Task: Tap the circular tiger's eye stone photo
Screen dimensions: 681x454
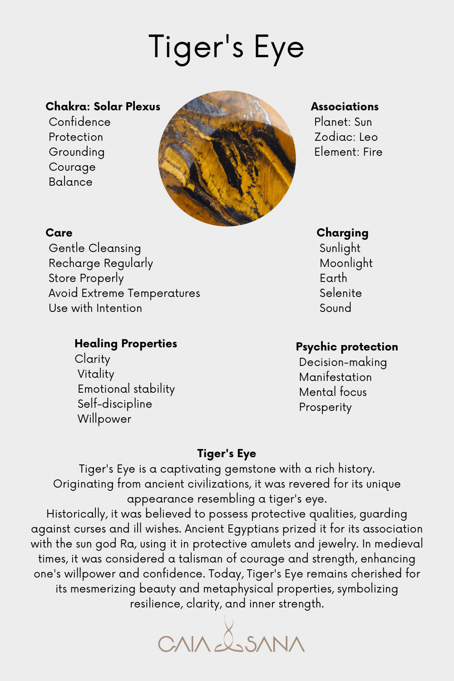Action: [x=227, y=158]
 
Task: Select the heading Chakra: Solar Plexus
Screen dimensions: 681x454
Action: [x=103, y=107]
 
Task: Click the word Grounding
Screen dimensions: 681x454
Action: [x=77, y=152]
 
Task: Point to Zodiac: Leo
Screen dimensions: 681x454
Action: [x=346, y=137]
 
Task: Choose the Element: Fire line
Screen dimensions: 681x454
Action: [x=348, y=152]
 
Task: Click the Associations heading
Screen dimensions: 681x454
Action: [x=345, y=107]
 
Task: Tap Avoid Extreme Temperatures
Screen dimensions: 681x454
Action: [x=124, y=293]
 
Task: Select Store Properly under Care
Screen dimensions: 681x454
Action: [x=86, y=278]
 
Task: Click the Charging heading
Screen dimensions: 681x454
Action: [x=342, y=233]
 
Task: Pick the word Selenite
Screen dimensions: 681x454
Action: [x=340, y=293]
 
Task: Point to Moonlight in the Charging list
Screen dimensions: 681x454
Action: [x=346, y=263]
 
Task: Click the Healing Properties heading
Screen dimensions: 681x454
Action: [x=126, y=344]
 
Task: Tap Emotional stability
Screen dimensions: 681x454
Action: [x=126, y=389]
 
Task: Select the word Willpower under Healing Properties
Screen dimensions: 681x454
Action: [x=104, y=419]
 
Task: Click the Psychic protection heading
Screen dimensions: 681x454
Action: [x=347, y=347]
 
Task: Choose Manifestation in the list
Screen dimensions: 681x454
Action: [x=336, y=377]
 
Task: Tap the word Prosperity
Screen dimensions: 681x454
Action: [x=326, y=407]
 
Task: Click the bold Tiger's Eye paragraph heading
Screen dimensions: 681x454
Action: [x=227, y=454]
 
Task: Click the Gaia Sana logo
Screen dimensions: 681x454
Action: [x=231, y=641]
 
